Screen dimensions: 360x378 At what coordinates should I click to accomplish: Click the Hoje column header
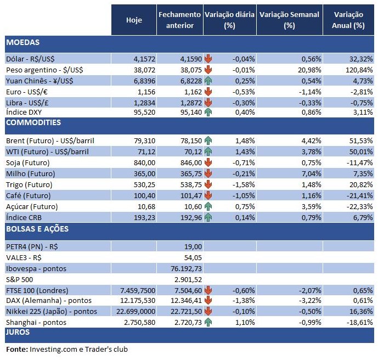(x=134, y=20)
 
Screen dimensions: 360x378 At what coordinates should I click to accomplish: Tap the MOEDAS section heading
(x=22, y=42)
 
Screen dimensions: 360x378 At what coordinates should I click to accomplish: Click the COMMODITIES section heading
(x=33, y=122)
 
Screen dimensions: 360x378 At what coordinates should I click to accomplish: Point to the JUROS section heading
(x=18, y=332)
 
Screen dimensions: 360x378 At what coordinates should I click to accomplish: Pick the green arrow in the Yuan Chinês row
(x=208, y=80)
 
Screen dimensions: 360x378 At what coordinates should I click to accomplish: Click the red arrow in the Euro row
(x=208, y=91)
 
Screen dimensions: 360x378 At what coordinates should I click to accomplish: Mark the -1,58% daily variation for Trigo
(x=243, y=184)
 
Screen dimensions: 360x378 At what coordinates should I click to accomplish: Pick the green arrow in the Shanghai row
(x=208, y=322)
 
